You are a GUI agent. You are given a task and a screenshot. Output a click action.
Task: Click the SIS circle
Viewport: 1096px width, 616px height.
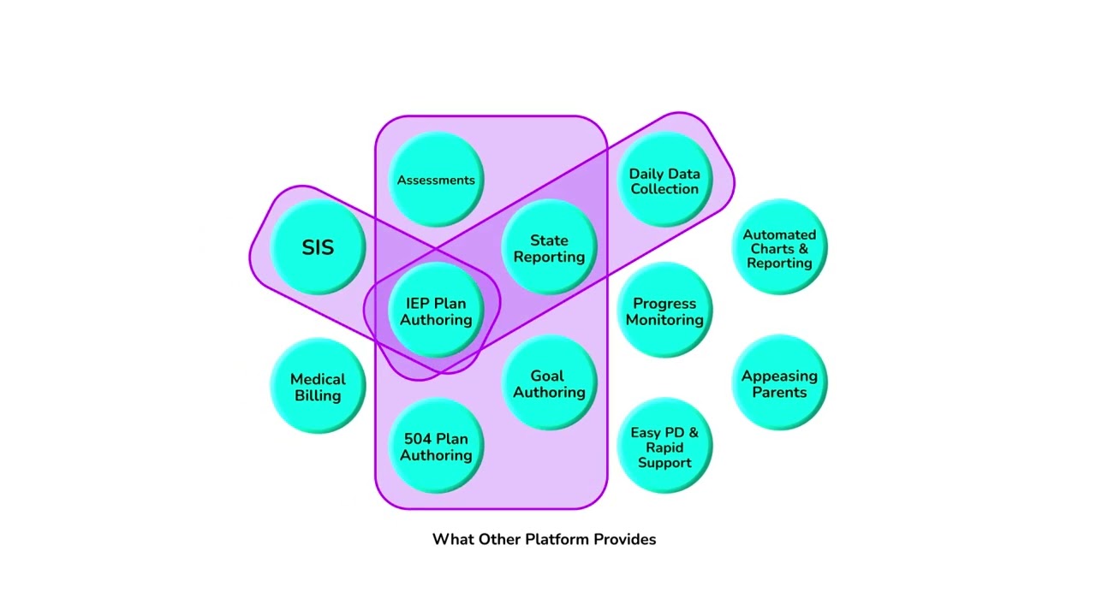318,247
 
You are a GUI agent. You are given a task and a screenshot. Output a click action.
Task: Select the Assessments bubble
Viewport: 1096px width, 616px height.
436,180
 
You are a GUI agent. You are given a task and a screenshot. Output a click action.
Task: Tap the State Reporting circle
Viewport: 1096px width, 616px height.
549,247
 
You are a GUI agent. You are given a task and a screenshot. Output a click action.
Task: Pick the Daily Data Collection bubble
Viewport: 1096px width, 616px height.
664,180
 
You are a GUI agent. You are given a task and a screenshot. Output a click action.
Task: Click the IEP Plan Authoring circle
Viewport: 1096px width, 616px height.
436,310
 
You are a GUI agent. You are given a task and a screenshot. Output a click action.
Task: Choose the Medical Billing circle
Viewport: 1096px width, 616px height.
318,386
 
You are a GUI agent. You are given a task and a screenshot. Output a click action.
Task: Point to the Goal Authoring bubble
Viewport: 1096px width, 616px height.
549,382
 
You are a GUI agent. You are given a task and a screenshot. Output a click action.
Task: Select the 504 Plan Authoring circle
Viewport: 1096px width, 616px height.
436,446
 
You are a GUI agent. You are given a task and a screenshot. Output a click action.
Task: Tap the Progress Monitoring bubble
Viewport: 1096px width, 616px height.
664,310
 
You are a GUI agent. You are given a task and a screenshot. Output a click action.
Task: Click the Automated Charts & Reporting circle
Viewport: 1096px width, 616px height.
779,247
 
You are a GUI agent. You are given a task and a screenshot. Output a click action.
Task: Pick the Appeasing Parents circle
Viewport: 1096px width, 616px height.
779,382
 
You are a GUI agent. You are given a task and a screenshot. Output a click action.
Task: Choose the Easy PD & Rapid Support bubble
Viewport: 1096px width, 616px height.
664,446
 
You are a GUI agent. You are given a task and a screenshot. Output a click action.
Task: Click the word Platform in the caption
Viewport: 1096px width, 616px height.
557,539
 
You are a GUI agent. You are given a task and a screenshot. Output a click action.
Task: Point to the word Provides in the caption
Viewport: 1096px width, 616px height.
625,539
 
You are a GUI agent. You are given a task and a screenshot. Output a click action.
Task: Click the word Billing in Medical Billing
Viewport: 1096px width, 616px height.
318,395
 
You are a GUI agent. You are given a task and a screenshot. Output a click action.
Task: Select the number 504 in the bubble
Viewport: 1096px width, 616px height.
417,439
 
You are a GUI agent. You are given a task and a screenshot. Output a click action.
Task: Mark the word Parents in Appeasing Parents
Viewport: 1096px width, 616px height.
779,392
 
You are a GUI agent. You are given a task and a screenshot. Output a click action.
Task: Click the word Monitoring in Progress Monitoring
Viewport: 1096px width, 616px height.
664,320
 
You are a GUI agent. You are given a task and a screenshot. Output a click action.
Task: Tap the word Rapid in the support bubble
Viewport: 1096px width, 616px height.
664,447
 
